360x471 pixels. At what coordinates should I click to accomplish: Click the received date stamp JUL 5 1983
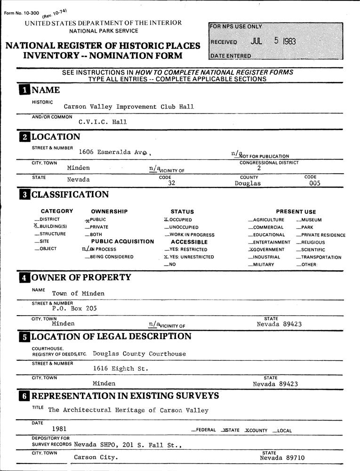coord(273,41)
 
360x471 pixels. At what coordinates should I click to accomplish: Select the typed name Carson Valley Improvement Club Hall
coord(128,107)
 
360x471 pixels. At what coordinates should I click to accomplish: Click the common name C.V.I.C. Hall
coord(103,122)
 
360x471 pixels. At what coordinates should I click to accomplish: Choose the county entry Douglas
coord(248,184)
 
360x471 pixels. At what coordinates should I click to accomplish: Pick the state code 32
coord(171,184)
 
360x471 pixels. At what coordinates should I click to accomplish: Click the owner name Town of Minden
coord(78,293)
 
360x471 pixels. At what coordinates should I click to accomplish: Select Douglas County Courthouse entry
coord(139,354)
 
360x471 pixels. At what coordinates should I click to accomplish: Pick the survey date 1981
coord(59,429)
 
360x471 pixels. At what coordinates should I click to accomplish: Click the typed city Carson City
coord(96,457)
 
